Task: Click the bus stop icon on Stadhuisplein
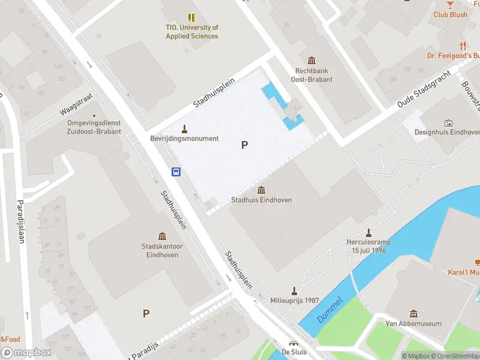click(176, 172)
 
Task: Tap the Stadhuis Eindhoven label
click(262, 200)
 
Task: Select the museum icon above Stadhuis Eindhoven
click(262, 190)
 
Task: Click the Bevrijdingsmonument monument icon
click(184, 128)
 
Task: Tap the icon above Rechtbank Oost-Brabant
click(311, 61)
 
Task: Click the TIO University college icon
click(191, 18)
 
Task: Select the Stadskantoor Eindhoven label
click(161, 250)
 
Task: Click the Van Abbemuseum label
click(413, 323)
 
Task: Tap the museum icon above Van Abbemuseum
click(413, 314)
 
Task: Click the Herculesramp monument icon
click(368, 233)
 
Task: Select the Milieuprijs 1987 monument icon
click(294, 290)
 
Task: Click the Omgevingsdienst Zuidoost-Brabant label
click(94, 127)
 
